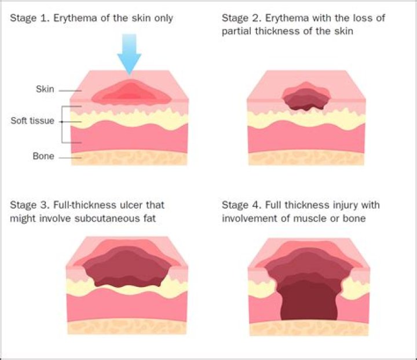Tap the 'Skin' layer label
pyautogui.click(x=45, y=89)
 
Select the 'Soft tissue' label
pyautogui.click(x=32, y=121)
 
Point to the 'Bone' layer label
pyautogui.click(x=43, y=156)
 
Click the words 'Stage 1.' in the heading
pyautogui.click(x=28, y=19)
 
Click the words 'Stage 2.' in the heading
pyautogui.click(x=240, y=19)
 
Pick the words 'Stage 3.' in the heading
pyautogui.click(x=28, y=205)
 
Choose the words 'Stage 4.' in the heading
pyautogui.click(x=240, y=205)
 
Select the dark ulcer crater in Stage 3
pyautogui.click(x=127, y=267)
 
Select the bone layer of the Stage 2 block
pyautogui.click(x=307, y=157)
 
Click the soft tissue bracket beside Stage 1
pyautogui.click(x=64, y=124)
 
